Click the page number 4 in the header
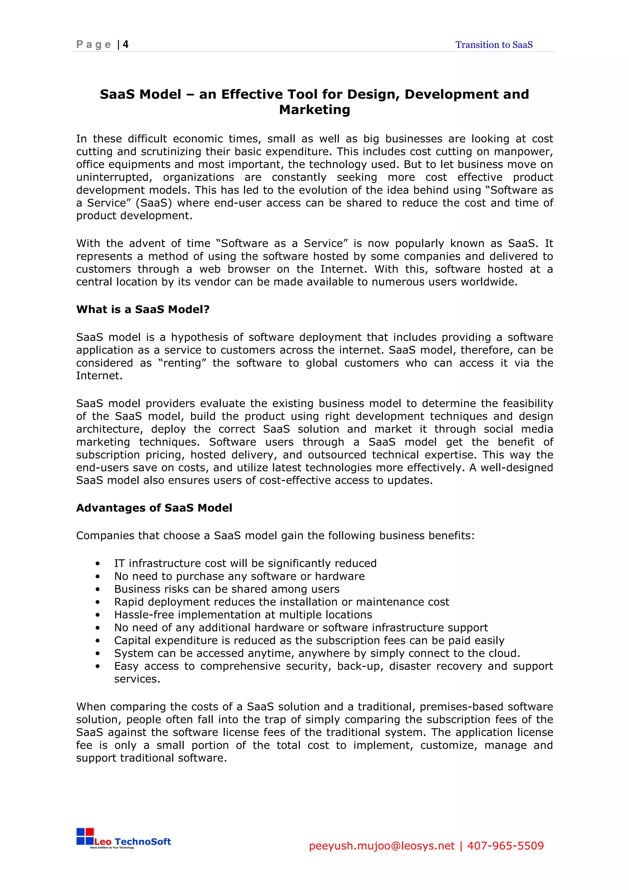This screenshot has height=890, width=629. (x=126, y=45)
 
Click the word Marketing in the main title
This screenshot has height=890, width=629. (x=314, y=110)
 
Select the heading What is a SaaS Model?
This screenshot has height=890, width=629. (x=143, y=309)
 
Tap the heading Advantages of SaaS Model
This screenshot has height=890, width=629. (x=154, y=508)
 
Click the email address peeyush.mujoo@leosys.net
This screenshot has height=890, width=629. (x=381, y=845)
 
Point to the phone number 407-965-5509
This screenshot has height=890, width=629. (x=505, y=845)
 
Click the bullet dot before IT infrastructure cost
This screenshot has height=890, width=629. (x=98, y=564)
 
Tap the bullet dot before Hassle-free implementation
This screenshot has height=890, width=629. (x=98, y=615)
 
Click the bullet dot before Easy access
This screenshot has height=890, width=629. (x=98, y=667)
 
